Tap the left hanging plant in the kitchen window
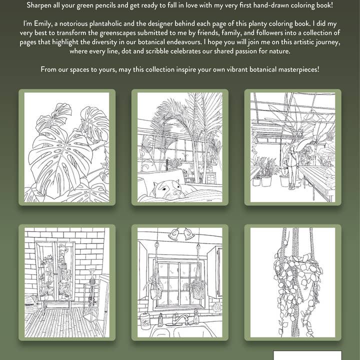(x=154, y=287)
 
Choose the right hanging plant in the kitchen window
(x=195, y=287)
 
